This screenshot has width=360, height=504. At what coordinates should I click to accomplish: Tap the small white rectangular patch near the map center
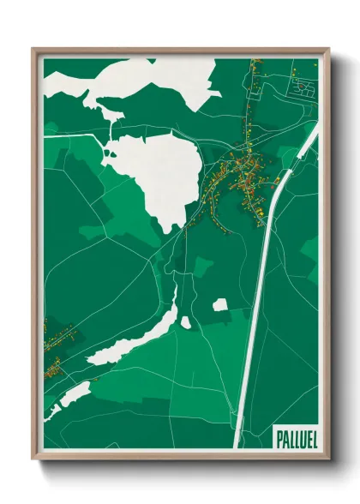pyautogui.click(x=220, y=304)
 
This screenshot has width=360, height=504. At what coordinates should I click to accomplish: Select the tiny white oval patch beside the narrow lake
pyautogui.click(x=186, y=323)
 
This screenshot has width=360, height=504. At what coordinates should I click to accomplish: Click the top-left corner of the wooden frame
pyautogui.click(x=33, y=50)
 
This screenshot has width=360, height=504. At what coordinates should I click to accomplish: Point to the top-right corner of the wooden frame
pyautogui.click(x=328, y=50)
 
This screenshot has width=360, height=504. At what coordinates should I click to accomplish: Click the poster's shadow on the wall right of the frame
pyautogui.click(x=336, y=257)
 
